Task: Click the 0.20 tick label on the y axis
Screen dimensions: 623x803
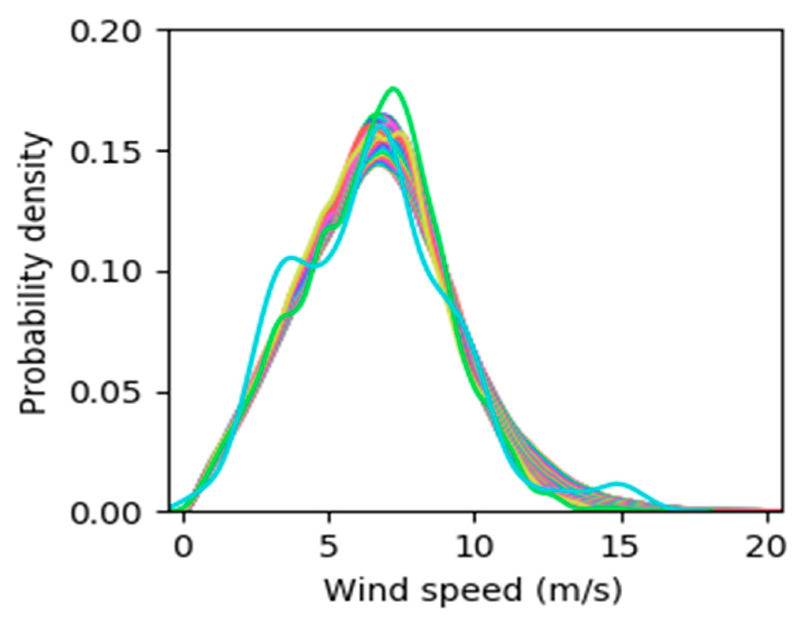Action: tap(105, 32)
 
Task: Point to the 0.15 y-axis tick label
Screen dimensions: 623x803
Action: tap(105, 152)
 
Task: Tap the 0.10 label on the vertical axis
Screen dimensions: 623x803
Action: tap(105, 273)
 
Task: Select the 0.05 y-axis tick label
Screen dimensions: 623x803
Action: tap(105, 394)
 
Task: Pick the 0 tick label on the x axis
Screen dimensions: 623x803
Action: tap(183, 547)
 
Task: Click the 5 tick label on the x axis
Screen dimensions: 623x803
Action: tap(329, 547)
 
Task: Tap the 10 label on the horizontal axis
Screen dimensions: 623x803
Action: tap(474, 547)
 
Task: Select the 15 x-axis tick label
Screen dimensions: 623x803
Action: tap(620, 547)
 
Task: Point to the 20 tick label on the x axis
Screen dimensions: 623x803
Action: tap(766, 547)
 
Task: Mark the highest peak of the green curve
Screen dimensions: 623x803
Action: tap(393, 88)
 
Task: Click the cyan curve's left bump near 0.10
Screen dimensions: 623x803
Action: tap(290, 258)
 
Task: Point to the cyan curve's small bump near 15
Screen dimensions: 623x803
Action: tap(617, 484)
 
